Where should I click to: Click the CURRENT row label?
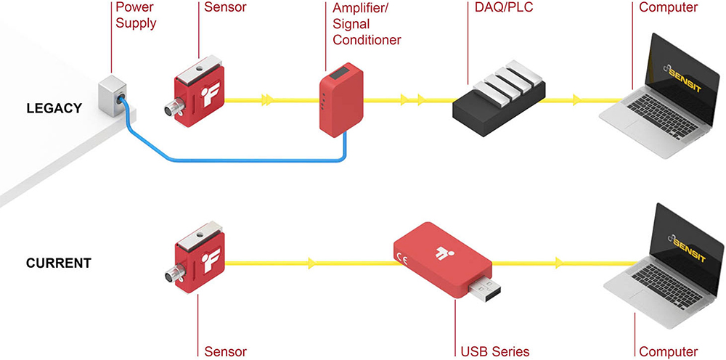click(x=59, y=263)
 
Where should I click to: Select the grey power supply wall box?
click(x=113, y=97)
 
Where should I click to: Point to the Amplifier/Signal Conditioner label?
click(x=367, y=24)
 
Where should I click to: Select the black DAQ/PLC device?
click(x=499, y=101)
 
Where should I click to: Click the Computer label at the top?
click(x=669, y=7)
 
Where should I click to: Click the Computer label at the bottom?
click(x=669, y=352)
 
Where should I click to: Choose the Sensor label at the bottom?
click(x=225, y=352)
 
